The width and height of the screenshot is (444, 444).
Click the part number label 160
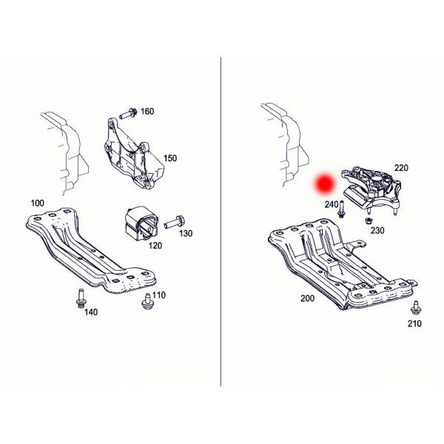pyautogui.click(x=147, y=112)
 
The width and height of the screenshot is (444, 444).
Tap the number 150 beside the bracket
pyautogui.click(x=170, y=158)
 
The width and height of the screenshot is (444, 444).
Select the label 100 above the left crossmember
pyautogui.click(x=36, y=203)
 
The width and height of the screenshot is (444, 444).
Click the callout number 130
pyautogui.click(x=185, y=233)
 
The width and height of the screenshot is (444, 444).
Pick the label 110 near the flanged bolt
pyautogui.click(x=159, y=295)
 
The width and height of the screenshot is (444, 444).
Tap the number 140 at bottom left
pyautogui.click(x=90, y=313)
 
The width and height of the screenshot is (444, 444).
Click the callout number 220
pyautogui.click(x=401, y=168)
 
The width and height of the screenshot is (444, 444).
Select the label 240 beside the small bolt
pyautogui.click(x=331, y=203)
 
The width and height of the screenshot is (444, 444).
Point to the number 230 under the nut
pyautogui.click(x=377, y=231)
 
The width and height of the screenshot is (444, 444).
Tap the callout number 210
pyautogui.click(x=414, y=324)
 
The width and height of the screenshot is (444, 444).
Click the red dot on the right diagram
pyautogui.click(x=323, y=184)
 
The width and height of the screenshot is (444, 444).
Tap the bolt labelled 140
pyautogui.click(x=79, y=298)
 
